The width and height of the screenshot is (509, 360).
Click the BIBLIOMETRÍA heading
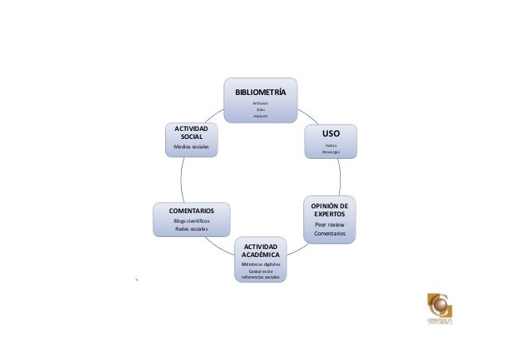[x=260, y=92]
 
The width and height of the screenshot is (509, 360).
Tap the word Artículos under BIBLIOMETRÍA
[x=260, y=104]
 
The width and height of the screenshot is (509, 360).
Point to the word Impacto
[x=260, y=116]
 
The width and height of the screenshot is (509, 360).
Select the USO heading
[x=330, y=135]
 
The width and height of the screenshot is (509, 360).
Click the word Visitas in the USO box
[x=330, y=145]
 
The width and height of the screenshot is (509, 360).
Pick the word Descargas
[x=330, y=152]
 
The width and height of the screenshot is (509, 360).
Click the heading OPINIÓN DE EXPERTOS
[x=329, y=210]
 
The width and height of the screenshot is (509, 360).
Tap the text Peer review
[x=329, y=224]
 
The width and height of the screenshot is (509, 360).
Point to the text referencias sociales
[x=260, y=276]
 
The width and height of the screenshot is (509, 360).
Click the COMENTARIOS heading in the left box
[x=191, y=211]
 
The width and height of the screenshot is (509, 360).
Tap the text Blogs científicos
[x=191, y=220]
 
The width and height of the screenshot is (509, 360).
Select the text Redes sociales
[x=191, y=229]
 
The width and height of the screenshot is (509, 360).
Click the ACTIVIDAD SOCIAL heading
[x=191, y=133]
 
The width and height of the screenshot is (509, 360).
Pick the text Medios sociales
[x=191, y=148]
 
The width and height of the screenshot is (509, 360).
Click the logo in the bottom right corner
[x=441, y=307]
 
